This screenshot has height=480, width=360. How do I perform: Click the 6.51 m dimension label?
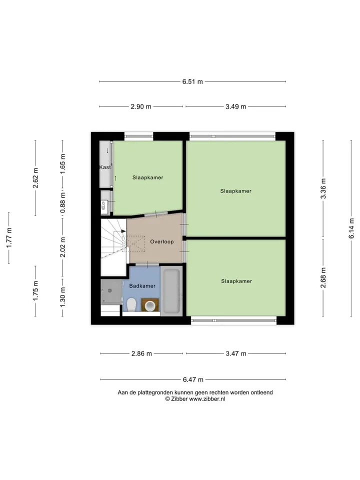(192, 81)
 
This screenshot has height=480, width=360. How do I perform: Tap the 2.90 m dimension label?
(141, 106)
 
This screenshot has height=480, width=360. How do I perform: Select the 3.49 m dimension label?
(235, 106)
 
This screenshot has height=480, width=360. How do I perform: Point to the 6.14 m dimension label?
(351, 228)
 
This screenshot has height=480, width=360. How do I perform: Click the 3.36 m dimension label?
(323, 188)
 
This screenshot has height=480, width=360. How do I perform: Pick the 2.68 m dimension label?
(323, 277)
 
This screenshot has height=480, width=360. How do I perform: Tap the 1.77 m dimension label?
(9, 238)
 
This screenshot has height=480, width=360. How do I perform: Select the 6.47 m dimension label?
(193, 379)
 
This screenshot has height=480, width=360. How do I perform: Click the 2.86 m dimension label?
(141, 353)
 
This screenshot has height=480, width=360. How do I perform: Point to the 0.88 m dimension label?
(62, 202)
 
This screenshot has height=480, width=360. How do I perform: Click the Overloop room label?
(162, 241)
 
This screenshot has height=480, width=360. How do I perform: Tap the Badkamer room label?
(142, 286)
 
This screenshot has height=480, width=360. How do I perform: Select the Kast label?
(105, 167)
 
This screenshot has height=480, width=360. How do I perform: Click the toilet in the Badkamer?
(131, 304)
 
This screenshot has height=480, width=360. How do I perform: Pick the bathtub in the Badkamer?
(171, 290)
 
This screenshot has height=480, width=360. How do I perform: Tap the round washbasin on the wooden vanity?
(150, 305)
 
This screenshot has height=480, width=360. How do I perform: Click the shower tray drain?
(110, 290)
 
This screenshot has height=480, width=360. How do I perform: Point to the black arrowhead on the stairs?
(123, 231)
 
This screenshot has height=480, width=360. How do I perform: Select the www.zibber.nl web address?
(207, 399)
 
